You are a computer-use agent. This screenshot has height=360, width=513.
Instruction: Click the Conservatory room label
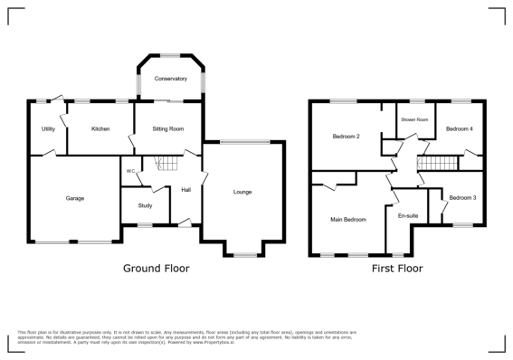tap(170, 79)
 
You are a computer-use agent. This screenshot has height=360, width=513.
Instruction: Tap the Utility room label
tap(48, 129)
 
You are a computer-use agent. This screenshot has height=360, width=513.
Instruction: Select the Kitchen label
tap(100, 129)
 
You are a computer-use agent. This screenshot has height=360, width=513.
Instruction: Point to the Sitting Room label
tap(167, 129)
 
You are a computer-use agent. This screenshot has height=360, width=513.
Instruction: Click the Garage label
tap(74, 198)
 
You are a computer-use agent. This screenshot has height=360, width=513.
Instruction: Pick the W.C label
tap(130, 171)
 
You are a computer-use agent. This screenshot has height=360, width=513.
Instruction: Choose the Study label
tap(145, 206)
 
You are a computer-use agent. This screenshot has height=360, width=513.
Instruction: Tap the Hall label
tap(185, 190)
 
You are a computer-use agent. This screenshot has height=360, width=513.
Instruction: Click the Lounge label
tap(242, 192)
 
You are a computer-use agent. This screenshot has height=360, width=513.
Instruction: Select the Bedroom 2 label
tap(346, 137)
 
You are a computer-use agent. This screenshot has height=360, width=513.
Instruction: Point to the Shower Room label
tap(415, 118)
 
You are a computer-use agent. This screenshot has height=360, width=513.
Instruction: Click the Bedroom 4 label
tap(459, 129)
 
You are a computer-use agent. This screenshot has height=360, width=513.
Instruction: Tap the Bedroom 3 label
tap(462, 198)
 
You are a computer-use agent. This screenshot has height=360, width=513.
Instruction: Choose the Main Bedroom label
tap(348, 220)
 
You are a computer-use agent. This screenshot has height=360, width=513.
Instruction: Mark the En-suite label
tap(408, 215)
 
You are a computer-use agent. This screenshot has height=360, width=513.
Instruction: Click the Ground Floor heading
tap(157, 269)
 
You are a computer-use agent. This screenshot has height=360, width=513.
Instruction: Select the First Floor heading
tap(396, 269)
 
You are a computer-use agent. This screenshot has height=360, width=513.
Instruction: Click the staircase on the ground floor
tap(167, 164)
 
